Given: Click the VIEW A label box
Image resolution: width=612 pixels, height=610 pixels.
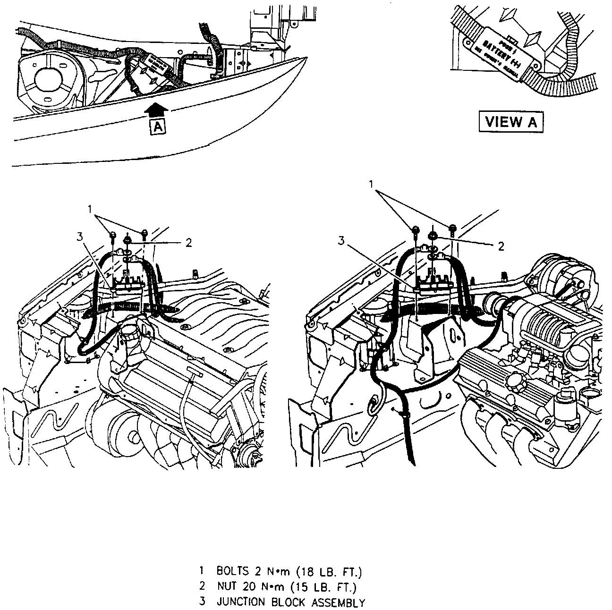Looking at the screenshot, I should click(511, 122).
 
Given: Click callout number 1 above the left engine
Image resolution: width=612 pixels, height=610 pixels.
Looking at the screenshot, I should click(89, 208).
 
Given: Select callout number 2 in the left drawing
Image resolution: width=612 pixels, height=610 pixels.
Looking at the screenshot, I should click(188, 243).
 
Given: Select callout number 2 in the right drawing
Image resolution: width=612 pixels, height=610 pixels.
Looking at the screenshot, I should click(501, 246).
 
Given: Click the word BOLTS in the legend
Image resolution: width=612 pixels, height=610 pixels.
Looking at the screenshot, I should click(232, 571).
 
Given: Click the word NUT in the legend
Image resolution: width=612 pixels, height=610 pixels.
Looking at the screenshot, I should click(227, 587).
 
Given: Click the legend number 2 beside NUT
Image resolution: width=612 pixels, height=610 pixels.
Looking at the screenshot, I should click(202, 587).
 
